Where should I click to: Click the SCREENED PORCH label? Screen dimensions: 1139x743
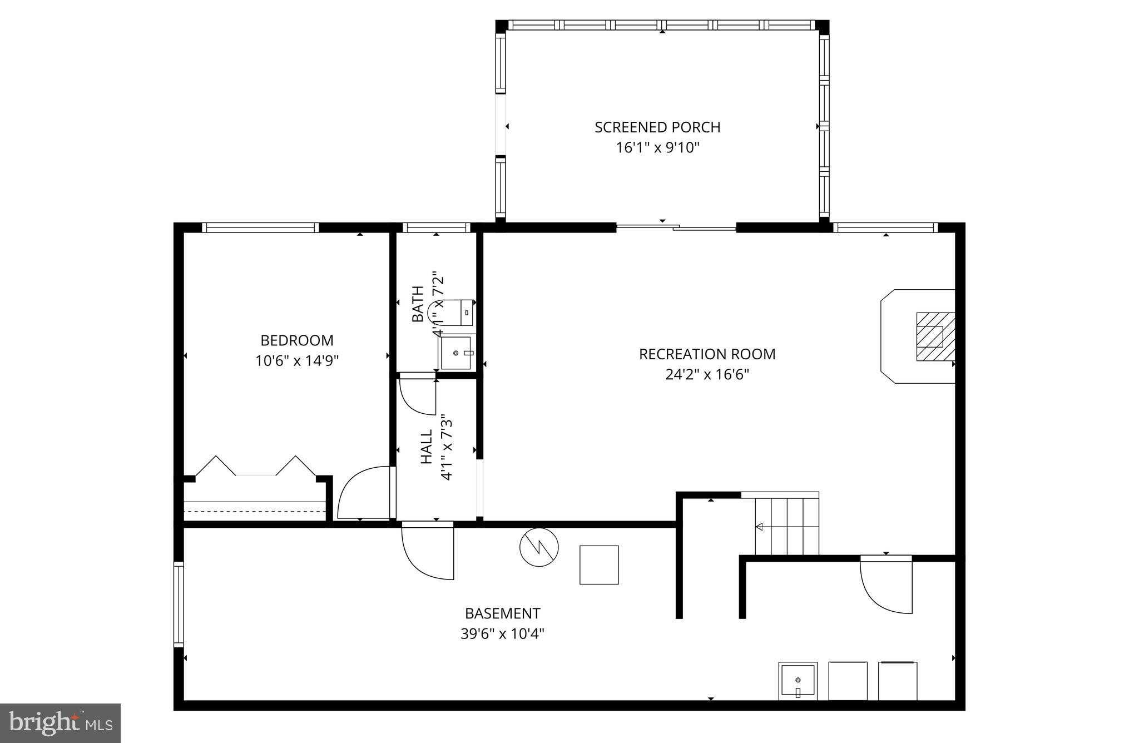click(x=657, y=127)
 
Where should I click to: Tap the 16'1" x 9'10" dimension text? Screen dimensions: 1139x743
click(x=657, y=148)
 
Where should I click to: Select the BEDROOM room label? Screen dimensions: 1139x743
click(x=297, y=340)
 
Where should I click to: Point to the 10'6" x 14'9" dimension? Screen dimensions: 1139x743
click(x=297, y=361)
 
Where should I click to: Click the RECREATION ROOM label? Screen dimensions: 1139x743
click(x=707, y=354)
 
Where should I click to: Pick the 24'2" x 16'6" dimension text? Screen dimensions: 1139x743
click(x=707, y=375)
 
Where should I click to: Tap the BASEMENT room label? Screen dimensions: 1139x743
click(x=502, y=613)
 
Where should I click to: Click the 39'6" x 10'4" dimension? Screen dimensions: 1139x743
click(x=502, y=634)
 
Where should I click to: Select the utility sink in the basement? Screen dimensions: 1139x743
click(x=798, y=681)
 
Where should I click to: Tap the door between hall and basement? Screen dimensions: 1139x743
click(x=427, y=551)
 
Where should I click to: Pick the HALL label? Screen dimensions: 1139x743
click(x=427, y=447)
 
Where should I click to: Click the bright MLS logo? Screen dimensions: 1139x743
click(x=61, y=722)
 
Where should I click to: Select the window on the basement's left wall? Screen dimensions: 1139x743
click(x=179, y=604)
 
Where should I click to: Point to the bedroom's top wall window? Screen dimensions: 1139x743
click(x=260, y=227)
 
